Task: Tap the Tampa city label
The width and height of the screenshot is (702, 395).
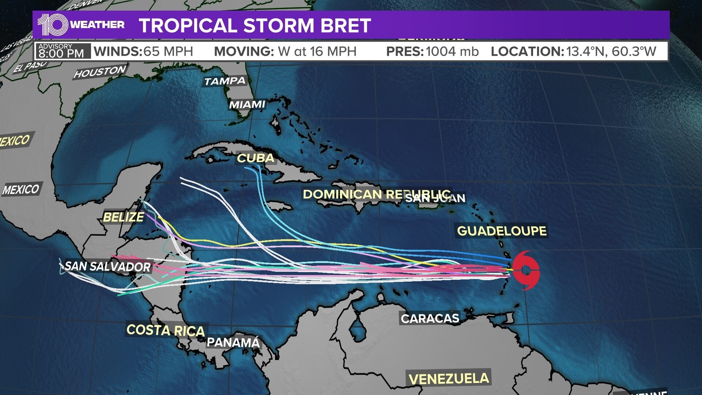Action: pos(224,81)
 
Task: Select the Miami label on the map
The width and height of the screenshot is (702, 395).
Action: pos(247,105)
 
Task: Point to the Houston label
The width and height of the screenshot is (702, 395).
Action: pos(100,71)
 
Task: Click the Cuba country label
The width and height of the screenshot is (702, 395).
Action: pos(256,158)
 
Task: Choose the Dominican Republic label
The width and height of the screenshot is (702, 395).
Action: pos(377,194)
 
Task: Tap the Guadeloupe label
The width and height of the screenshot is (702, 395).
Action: pos(502,231)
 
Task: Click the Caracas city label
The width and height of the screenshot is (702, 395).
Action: pos(430,318)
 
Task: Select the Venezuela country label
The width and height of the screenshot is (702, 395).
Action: pos(449,379)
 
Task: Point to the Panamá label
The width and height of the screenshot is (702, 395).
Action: pos(233,342)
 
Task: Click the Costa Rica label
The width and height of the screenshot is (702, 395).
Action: pos(166,330)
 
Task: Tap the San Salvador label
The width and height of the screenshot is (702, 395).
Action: pos(108,266)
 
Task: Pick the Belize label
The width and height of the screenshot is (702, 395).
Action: pos(123,217)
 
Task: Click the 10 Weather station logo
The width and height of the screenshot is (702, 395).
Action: pos(81,25)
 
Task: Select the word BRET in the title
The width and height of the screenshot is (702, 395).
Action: pos(344,26)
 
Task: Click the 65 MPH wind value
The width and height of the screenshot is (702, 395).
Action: pos(168,52)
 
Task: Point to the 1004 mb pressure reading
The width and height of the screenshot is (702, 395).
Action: pos(452,52)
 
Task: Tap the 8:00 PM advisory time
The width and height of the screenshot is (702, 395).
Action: pos(61,54)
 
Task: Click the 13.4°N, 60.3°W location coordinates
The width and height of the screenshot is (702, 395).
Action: pos(611,52)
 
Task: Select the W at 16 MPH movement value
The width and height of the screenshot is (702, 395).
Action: pos(317,52)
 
